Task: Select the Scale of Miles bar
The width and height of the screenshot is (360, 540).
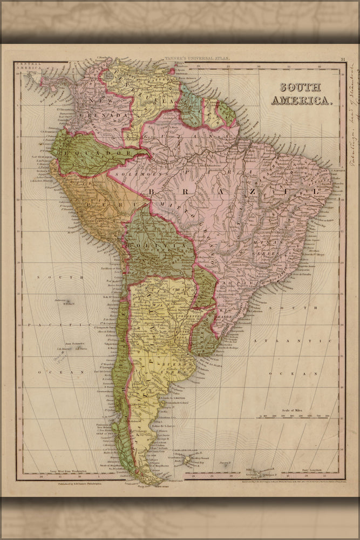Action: tap(295, 416)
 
